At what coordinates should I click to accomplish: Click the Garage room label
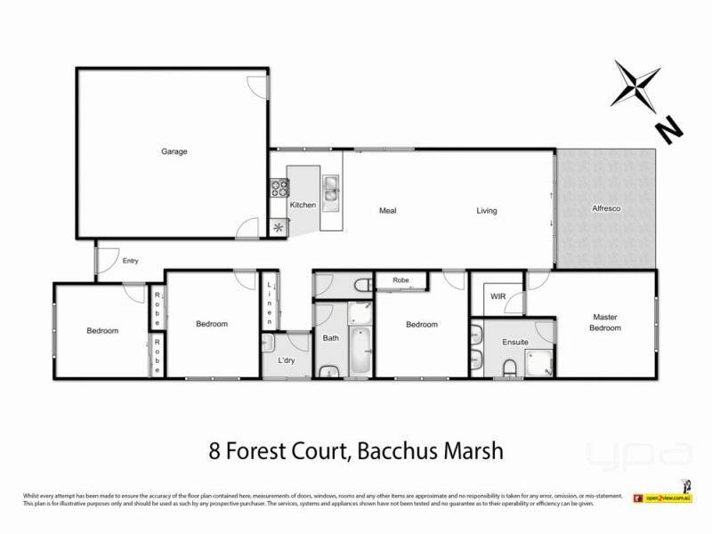click(174, 151)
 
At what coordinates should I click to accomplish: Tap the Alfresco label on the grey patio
click(606, 208)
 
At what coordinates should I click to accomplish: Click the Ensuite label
click(515, 341)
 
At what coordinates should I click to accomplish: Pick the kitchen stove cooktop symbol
click(279, 188)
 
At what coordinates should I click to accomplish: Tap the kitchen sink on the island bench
click(331, 188)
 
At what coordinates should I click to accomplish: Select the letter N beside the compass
click(667, 131)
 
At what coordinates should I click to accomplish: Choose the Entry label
click(131, 261)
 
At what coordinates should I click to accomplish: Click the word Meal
click(387, 211)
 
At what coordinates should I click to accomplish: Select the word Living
click(486, 211)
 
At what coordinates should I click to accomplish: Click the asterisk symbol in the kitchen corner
click(279, 227)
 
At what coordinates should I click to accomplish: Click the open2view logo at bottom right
click(661, 498)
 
